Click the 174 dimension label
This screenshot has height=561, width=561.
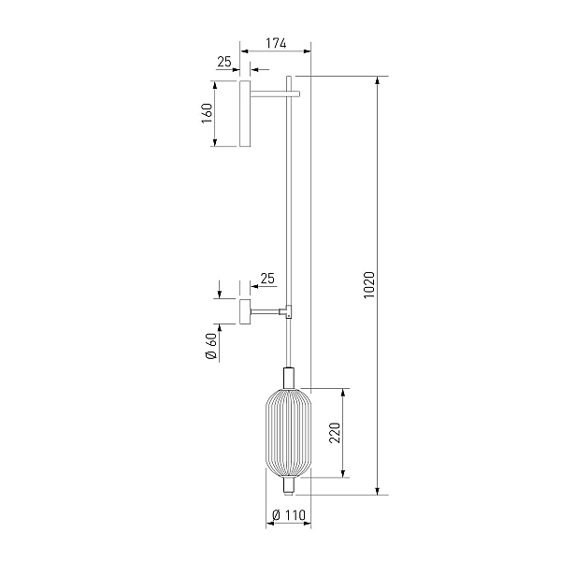click(276, 44)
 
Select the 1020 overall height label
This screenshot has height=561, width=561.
click(369, 285)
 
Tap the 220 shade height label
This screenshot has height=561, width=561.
click(335, 433)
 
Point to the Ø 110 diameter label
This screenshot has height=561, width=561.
click(289, 515)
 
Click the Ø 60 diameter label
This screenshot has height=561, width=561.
click(211, 346)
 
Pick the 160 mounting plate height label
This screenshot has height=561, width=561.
click(207, 113)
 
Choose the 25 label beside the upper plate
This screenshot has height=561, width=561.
click(224, 62)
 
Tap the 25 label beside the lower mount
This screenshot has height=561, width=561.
click(267, 279)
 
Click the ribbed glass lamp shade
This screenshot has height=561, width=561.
click(288, 433)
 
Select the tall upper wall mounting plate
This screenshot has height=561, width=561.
click(245, 113)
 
